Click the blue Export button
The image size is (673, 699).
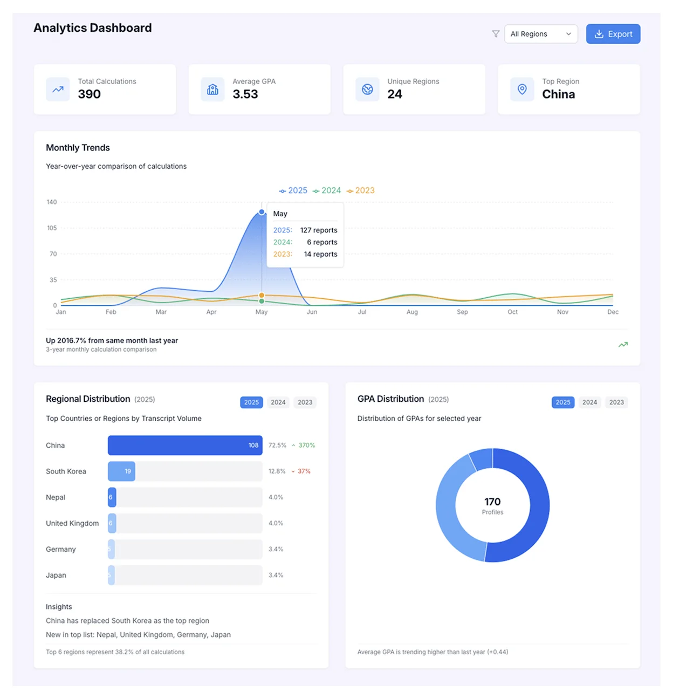[x=613, y=34]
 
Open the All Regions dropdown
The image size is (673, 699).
[x=540, y=34]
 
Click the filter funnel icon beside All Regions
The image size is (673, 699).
[x=496, y=34]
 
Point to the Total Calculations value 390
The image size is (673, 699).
[x=89, y=94]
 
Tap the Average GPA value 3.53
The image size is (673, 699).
[x=245, y=94]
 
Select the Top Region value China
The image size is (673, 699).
[x=558, y=94]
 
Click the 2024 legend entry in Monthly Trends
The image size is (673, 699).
[x=327, y=190]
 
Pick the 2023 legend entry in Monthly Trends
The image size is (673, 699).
[x=361, y=190]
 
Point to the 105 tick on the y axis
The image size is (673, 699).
[x=52, y=228]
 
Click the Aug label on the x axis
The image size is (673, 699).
[x=412, y=312]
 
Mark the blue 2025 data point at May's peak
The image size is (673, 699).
[x=262, y=212]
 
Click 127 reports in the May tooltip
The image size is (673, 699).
[x=318, y=230]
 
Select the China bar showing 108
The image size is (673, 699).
[x=185, y=446]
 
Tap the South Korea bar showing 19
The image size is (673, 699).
[x=121, y=471]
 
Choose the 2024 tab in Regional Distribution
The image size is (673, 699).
[x=278, y=402]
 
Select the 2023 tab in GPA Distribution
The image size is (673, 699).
[x=616, y=402]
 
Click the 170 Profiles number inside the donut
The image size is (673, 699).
[x=492, y=502]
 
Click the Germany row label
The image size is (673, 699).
[x=61, y=549]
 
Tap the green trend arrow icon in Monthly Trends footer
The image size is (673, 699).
[x=623, y=345]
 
